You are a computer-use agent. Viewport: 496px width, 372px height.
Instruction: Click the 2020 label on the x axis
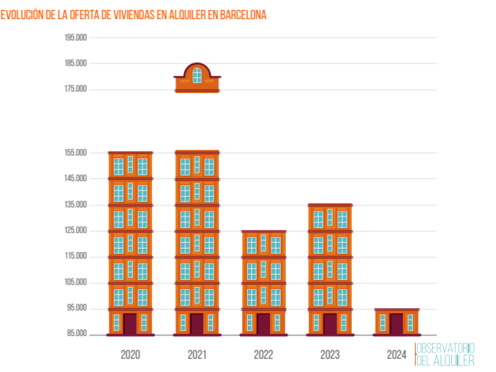(130, 354)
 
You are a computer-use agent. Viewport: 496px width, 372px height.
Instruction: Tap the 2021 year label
(197, 354)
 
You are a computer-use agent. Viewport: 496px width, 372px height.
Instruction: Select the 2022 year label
(263, 354)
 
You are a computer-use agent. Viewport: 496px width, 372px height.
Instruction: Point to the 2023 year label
(330, 354)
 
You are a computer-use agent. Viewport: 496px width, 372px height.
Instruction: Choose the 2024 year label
(396, 354)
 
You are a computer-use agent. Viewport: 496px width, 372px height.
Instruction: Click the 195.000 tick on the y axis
(76, 38)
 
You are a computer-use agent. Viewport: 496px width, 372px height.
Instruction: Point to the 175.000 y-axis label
(76, 89)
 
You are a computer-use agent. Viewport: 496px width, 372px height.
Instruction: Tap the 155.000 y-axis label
(76, 153)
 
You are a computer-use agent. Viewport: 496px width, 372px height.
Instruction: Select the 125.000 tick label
(76, 231)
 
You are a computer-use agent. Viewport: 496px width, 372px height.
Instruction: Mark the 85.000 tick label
(76, 334)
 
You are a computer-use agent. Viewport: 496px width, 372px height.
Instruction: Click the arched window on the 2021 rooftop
(197, 75)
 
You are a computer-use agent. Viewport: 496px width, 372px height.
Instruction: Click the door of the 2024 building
(396, 324)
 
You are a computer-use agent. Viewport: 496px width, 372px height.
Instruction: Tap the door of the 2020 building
(130, 324)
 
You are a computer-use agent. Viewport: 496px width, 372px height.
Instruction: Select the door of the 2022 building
(263, 324)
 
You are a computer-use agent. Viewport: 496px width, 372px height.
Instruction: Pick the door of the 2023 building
(330, 324)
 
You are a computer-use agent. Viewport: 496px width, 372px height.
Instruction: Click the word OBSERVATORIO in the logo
(445, 348)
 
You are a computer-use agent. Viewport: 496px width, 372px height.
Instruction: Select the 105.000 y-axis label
(76, 282)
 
